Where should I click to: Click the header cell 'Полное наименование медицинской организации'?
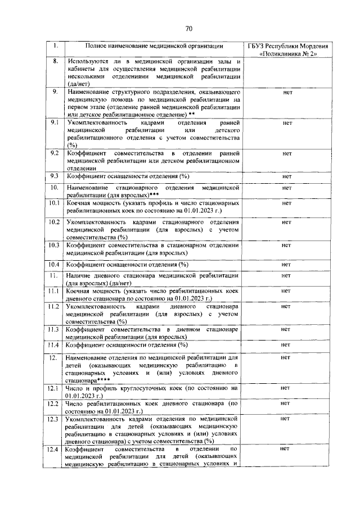click(x=154, y=46)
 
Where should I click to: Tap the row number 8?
click(x=55, y=61)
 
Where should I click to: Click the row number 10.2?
click(x=55, y=223)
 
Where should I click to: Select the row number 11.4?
click(x=55, y=344)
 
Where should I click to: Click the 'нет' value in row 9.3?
click(x=287, y=176)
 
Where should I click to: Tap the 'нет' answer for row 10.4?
click(x=287, y=264)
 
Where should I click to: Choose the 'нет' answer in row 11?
click(x=287, y=276)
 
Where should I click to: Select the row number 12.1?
click(x=55, y=388)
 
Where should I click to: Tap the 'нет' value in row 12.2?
click(x=287, y=403)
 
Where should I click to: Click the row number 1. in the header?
click(x=55, y=46)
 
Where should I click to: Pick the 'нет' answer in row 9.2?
click(x=287, y=153)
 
